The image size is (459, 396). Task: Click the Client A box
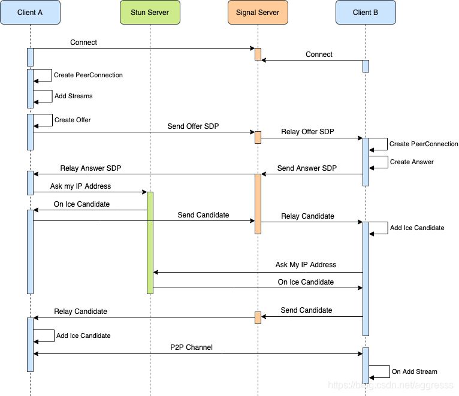30,13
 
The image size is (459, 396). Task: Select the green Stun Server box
150,13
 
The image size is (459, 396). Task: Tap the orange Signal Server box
258,13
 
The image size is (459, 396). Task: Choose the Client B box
366,13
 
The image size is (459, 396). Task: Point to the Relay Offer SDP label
307,132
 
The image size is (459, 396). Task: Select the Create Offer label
73,120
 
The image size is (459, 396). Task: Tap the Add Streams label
74,96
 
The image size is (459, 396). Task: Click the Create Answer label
412,162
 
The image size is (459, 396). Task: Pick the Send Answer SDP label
307,168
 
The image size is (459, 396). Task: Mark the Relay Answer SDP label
90,168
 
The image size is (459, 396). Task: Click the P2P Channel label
191,347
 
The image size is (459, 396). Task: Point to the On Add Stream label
415,371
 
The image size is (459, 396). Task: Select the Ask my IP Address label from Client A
80,186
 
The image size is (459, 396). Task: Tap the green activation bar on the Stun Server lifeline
150,243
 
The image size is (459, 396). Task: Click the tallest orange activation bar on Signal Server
258,204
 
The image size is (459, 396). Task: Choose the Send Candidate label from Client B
306,310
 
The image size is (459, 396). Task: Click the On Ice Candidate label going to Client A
81,204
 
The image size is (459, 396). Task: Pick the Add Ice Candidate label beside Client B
417,228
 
